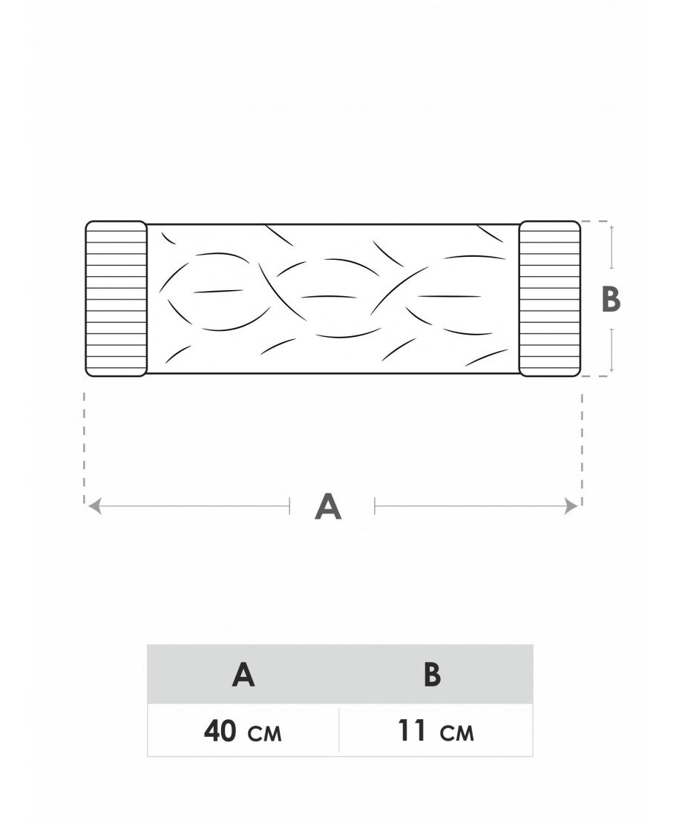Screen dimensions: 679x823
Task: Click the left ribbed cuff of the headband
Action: (116, 298)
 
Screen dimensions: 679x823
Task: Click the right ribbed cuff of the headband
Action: (550, 298)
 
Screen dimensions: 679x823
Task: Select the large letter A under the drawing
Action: (328, 507)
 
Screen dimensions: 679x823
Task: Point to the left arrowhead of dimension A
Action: (94, 507)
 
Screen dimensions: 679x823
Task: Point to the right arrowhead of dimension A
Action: (571, 507)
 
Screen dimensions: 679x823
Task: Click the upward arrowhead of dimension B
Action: (611, 229)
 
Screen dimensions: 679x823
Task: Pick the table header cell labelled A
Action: (243, 675)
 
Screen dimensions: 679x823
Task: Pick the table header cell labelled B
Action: (436, 675)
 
